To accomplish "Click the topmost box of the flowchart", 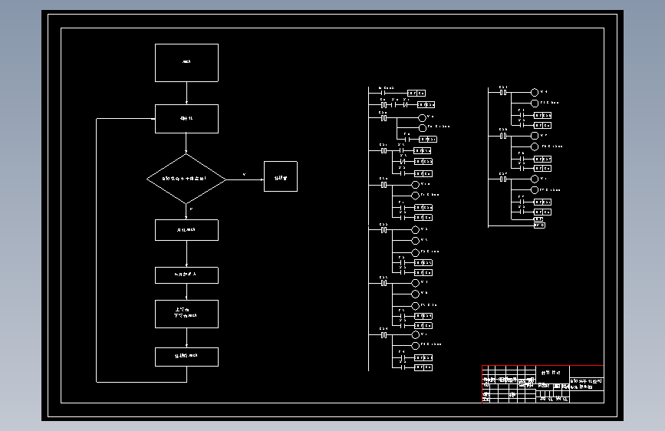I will [186, 62].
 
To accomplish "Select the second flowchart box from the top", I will [186, 119].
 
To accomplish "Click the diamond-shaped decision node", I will [186, 179].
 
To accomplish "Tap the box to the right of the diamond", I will [280, 176].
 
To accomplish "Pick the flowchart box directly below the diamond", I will [186, 230].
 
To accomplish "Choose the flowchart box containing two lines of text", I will [186, 314].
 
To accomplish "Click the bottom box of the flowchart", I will [186, 357].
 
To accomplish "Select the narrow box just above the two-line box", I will [186, 275].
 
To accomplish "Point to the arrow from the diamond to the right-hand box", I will [245, 179].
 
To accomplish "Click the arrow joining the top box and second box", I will [186, 93].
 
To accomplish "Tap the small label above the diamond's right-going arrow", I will [244, 174].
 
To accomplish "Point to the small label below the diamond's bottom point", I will [190, 209].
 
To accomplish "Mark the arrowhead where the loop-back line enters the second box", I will [153, 119].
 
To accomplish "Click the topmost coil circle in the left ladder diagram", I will [421, 117].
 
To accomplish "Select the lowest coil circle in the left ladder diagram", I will [415, 346].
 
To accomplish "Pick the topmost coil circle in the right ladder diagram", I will [535, 93].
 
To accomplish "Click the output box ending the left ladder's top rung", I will [416, 94].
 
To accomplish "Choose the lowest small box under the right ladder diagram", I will [539, 225].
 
